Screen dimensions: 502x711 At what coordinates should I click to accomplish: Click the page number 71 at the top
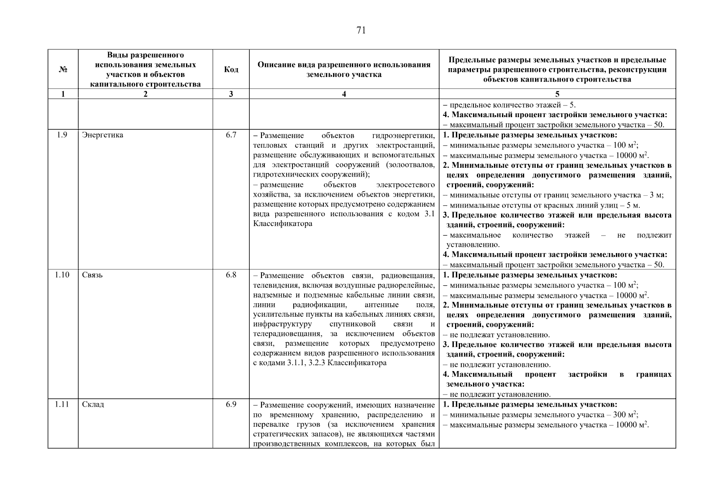[361, 30]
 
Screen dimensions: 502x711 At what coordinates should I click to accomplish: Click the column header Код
[231, 69]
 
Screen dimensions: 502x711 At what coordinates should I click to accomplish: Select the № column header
[63, 69]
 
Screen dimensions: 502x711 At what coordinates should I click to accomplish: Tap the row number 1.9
[62, 135]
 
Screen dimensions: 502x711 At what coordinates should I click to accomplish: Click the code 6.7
[231, 135]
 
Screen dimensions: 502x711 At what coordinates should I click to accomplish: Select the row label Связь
[92, 275]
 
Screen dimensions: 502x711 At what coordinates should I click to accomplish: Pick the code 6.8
[231, 275]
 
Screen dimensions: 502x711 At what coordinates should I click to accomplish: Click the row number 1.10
[62, 275]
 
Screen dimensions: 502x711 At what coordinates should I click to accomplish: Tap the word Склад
[93, 405]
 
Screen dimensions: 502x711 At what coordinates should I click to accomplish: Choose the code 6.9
[231, 404]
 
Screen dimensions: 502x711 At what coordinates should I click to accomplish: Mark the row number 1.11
[62, 404]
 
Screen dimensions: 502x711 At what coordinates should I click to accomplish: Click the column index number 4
[344, 94]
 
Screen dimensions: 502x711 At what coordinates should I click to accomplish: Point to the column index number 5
[557, 94]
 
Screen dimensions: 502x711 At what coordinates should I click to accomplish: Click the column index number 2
[145, 94]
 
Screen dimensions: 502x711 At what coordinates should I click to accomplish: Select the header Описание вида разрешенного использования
[344, 65]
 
